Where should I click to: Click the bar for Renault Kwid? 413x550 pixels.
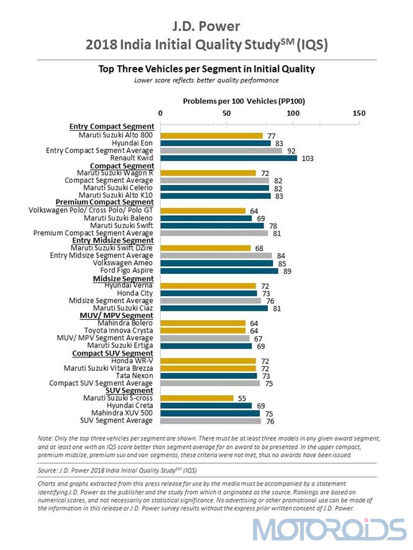coord(229,158)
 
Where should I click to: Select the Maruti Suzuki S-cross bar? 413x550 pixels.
coord(197,398)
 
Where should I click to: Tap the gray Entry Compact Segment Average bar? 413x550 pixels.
coord(221,151)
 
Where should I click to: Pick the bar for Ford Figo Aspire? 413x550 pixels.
coord(219,271)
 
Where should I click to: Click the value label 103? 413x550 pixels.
coord(308,159)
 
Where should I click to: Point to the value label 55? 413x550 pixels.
coord(242,398)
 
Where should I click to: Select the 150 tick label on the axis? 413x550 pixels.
coord(359,113)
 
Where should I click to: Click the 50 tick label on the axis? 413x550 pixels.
coord(226,113)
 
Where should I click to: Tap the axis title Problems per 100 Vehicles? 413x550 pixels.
coord(244,102)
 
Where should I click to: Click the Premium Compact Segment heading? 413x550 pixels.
coord(105,203)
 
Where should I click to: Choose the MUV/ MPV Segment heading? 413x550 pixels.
coord(116,316)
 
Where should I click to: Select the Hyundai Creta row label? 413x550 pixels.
coord(130,406)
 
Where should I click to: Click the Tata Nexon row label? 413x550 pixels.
coord(135,376)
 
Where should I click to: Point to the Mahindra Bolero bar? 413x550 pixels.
coord(203,323)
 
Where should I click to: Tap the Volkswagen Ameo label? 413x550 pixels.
coord(123,263)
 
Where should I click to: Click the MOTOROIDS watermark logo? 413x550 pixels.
coord(329,530)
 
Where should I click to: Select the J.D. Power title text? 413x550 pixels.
coord(206,26)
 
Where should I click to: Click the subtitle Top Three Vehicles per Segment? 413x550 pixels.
coord(206,69)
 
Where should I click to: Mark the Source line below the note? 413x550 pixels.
coord(117,470)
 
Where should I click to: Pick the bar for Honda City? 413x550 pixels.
coord(208,293)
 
